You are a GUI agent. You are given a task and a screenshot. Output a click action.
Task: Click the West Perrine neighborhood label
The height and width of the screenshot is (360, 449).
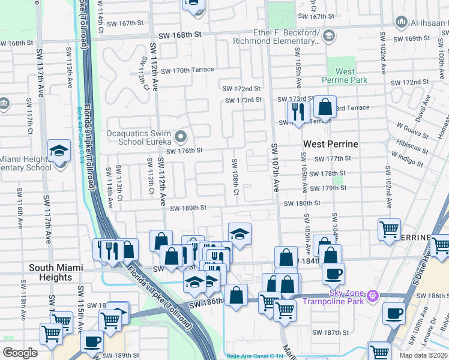(x=330, y=144)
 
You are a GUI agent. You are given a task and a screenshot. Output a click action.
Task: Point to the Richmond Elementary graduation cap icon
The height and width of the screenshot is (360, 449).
(x=328, y=37)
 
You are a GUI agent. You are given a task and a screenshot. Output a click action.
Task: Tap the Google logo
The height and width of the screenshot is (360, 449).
(x=20, y=353)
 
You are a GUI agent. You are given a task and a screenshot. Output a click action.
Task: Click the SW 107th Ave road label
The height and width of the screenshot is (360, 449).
(x=275, y=168)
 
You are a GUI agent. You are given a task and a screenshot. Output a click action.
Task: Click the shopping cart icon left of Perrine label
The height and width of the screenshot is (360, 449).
(x=389, y=229)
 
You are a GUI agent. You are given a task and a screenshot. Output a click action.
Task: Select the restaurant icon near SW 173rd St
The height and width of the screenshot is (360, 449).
(x=298, y=110)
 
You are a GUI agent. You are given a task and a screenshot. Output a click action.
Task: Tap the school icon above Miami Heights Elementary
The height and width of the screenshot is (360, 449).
(x=59, y=151)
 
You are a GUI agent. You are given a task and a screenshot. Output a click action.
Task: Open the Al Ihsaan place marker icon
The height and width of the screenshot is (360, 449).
(x=402, y=22)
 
